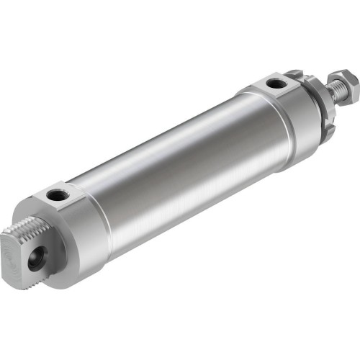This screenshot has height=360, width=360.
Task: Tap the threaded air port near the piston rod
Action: pyautogui.click(x=275, y=84)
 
